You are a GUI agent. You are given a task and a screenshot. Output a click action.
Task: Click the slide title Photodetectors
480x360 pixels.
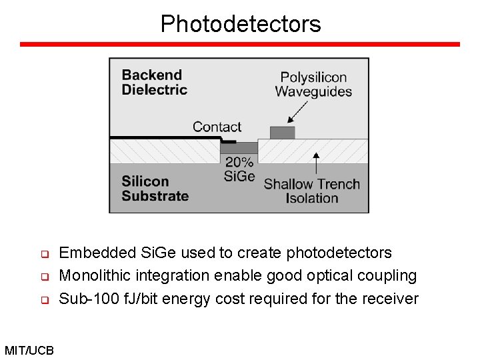tap(240, 24)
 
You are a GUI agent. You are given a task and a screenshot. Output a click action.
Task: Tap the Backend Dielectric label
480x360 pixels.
tap(154, 83)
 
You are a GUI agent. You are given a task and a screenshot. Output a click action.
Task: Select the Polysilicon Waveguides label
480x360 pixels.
tap(313, 85)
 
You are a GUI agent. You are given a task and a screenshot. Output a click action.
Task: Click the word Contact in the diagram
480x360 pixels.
tap(217, 127)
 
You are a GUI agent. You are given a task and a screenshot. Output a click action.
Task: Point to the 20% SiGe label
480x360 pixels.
tap(239, 169)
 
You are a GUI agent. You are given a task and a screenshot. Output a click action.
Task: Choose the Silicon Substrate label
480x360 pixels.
tap(155, 189)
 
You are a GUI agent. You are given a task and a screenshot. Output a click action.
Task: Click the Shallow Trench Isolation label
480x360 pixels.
tap(311, 191)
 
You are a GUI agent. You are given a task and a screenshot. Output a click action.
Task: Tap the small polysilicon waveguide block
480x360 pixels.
tap(282, 132)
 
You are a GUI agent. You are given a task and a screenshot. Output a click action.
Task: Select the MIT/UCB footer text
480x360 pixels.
tap(29, 350)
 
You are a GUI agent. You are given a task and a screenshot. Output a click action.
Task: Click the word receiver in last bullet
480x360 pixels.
tap(390, 299)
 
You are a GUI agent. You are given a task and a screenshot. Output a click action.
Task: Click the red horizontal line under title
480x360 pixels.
tap(240, 45)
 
